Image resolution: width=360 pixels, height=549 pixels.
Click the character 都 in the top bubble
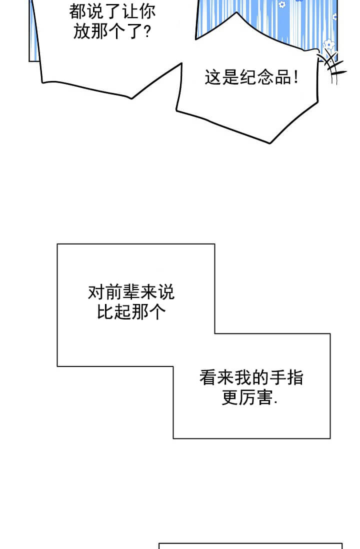[77, 12]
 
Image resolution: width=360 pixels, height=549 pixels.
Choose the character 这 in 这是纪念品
[213, 77]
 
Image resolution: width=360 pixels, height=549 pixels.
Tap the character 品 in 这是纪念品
[283, 77]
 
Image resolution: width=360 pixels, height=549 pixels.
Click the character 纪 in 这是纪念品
[248, 77]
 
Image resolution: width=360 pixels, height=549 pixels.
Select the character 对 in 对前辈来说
[96, 292]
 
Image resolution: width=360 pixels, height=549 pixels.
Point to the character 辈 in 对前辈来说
[131, 292]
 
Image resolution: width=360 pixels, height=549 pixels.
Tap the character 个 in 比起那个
[157, 312]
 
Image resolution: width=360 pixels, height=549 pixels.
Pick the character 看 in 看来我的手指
[208, 378]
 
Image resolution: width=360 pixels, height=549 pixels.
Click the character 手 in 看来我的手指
[277, 378]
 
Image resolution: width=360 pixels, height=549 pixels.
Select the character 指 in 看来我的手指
[295, 378]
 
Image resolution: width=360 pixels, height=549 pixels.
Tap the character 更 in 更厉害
[230, 397]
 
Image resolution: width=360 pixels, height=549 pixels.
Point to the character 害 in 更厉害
[264, 397]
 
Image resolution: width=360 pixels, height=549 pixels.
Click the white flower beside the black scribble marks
[329, 44]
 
